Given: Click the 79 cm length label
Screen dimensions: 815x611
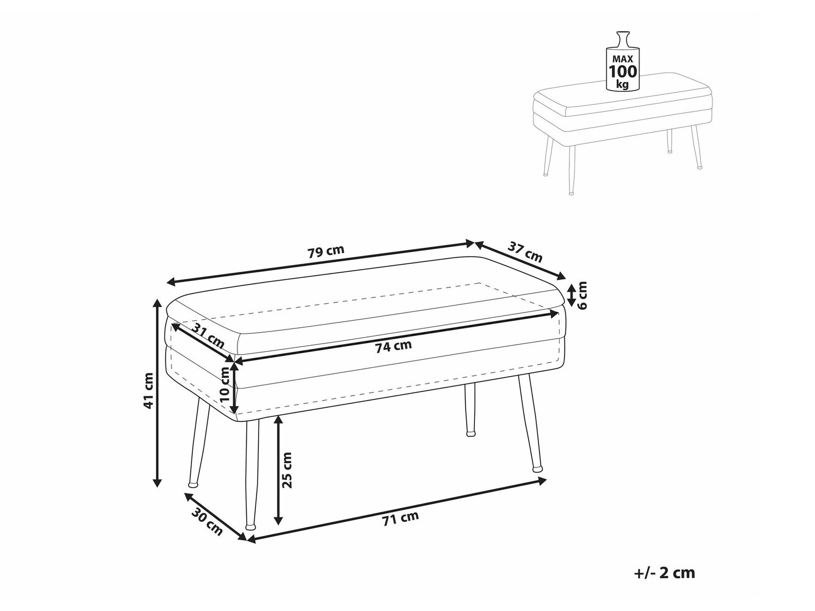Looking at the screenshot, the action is (x=326, y=252).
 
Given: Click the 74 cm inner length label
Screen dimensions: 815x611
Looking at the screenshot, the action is (x=393, y=346).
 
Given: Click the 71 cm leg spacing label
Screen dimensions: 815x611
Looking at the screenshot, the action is (x=400, y=518).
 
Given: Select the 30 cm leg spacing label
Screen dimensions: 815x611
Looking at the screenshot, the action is (x=207, y=522).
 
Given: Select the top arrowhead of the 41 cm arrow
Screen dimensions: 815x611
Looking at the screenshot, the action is (x=158, y=304).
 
